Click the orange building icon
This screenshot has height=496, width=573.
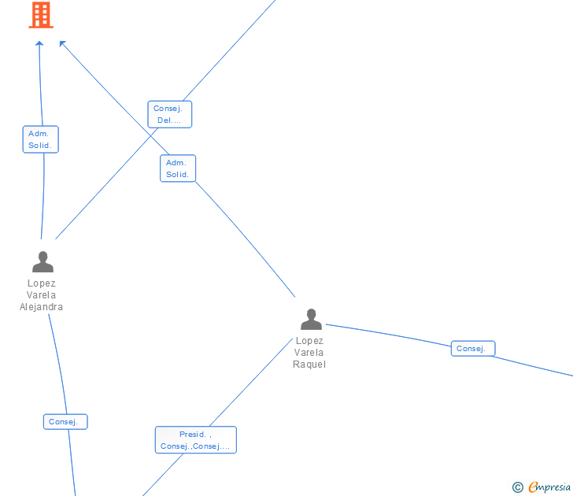pyautogui.click(x=41, y=14)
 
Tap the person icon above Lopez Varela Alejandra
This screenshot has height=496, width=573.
pyautogui.click(x=43, y=261)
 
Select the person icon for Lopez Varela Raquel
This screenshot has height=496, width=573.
pyautogui.click(x=311, y=319)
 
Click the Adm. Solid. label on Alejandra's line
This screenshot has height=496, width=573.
pyautogui.click(x=40, y=139)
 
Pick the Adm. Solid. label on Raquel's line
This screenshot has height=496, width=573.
pyautogui.click(x=177, y=168)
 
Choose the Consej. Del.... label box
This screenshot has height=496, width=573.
pyautogui.click(x=169, y=114)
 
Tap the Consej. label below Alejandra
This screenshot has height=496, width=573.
pyautogui.click(x=65, y=422)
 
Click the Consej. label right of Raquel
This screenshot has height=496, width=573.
pyautogui.click(x=472, y=349)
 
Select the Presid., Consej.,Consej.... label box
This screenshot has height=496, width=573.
pyautogui.click(x=195, y=440)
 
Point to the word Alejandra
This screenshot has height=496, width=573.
pyautogui.click(x=42, y=307)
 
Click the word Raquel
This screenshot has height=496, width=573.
pyautogui.click(x=309, y=365)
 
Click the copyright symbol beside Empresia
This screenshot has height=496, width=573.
pyautogui.click(x=518, y=487)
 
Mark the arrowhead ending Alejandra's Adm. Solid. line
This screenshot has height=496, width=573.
pyautogui.click(x=39, y=43)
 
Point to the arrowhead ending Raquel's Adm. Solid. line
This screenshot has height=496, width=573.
pyautogui.click(x=63, y=44)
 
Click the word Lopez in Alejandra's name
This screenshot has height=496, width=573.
pyautogui.click(x=42, y=283)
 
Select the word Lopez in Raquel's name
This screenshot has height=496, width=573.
pyautogui.click(x=309, y=341)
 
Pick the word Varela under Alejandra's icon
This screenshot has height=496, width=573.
pyautogui.click(x=42, y=295)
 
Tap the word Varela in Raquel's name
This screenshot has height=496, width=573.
pyautogui.click(x=309, y=353)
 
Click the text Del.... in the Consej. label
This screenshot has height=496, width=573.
pyautogui.click(x=169, y=120)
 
